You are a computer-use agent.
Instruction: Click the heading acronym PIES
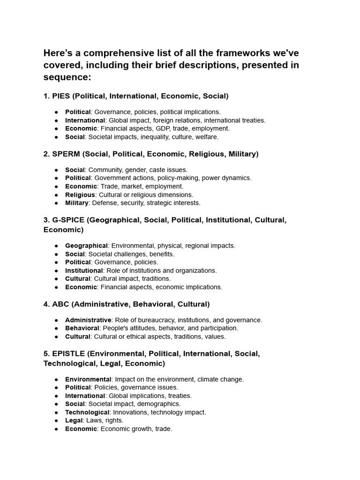(61, 96)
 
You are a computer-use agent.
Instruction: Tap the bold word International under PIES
(85, 120)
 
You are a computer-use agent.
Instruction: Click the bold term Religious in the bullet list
(80, 195)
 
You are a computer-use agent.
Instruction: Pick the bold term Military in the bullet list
(77, 203)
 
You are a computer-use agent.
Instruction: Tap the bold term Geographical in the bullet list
(86, 246)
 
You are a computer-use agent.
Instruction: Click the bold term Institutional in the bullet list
(84, 270)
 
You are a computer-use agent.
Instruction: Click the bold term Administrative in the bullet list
(88, 320)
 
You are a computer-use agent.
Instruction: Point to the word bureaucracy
(155, 320)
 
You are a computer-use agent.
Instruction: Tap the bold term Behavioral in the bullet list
(82, 328)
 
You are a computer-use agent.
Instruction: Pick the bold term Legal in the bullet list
(74, 420)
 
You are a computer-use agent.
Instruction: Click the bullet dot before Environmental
(56, 379)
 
